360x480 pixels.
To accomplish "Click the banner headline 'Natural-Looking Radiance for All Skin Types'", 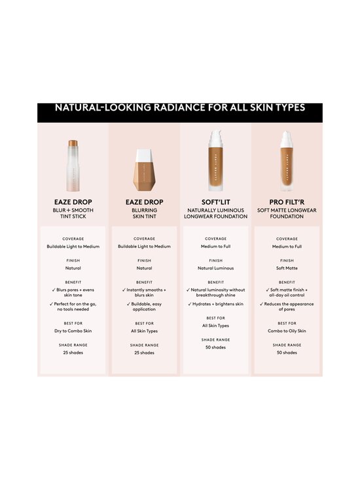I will coord(180,108).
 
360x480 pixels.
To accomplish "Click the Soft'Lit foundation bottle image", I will coord(215,163).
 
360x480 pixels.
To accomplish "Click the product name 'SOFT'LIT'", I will coord(215,202).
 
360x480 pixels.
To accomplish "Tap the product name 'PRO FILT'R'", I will coord(287,202).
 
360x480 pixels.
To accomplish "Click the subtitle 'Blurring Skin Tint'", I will coord(144,213).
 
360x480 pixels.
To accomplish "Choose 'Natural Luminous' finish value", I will coord(215,268).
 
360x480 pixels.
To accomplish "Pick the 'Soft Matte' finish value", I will coord(287,268).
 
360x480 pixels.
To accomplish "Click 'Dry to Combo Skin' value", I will coord(73,331).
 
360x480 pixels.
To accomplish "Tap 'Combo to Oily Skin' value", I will coord(287,331).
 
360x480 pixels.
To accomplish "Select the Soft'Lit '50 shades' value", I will coord(215,347).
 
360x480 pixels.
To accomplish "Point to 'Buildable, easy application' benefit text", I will coord(145,307).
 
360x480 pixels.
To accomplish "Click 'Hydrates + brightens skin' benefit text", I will coord(217,304).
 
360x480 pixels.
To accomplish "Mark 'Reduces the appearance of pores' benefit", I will coord(289,307).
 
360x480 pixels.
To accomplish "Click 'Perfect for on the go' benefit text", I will coord(75,307).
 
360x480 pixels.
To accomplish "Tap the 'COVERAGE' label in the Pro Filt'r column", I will coord(287,239).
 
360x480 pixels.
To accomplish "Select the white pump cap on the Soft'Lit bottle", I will coord(215,139).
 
